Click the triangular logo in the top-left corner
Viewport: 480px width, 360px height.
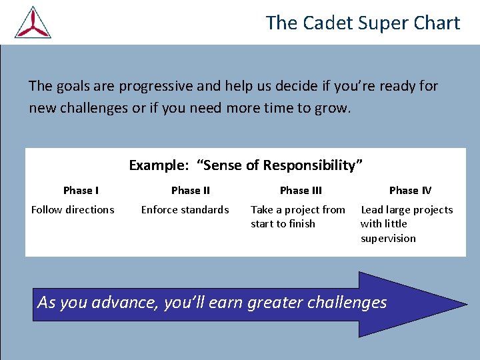pyautogui.click(x=33, y=23)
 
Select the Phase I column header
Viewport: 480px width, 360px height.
pyautogui.click(x=81, y=191)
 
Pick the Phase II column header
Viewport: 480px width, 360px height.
pyautogui.click(x=190, y=191)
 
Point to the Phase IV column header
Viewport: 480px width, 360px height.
pyautogui.click(x=410, y=191)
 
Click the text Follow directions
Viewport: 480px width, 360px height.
pyautogui.click(x=73, y=210)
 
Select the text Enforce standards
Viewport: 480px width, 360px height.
pyautogui.click(x=185, y=210)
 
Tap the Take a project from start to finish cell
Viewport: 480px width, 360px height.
pyautogui.click(x=297, y=217)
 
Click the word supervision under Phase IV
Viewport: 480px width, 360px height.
pyautogui.click(x=388, y=239)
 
